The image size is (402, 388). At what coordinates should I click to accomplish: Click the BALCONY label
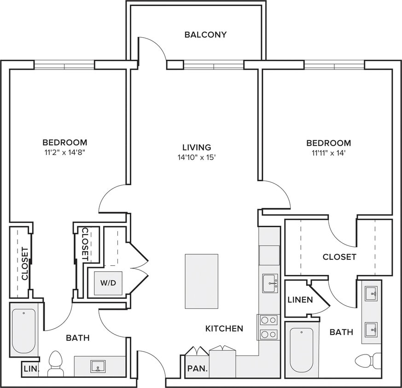(206, 34)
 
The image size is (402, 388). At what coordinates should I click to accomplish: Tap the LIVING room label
(197, 148)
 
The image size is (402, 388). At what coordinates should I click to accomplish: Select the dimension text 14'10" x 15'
(196, 158)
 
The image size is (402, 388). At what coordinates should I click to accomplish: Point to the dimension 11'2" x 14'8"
(64, 153)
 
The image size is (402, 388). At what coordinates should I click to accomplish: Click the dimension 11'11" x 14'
(329, 153)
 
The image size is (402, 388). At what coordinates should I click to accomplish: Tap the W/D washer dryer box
(108, 283)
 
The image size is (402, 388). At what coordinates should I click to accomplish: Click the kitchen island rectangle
(202, 281)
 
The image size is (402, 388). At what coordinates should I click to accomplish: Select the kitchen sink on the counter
(270, 283)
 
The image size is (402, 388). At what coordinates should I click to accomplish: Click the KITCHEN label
(224, 329)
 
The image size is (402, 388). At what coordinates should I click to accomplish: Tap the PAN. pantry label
(197, 369)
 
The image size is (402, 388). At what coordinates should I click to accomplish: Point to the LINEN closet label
(300, 300)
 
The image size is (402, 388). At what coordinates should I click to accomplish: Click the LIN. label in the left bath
(31, 369)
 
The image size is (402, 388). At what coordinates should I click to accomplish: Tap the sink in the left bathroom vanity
(98, 366)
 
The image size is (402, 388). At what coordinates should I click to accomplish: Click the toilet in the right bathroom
(368, 361)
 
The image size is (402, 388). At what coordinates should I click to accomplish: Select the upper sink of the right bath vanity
(371, 292)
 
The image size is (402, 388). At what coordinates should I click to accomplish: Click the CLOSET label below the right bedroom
(339, 257)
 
